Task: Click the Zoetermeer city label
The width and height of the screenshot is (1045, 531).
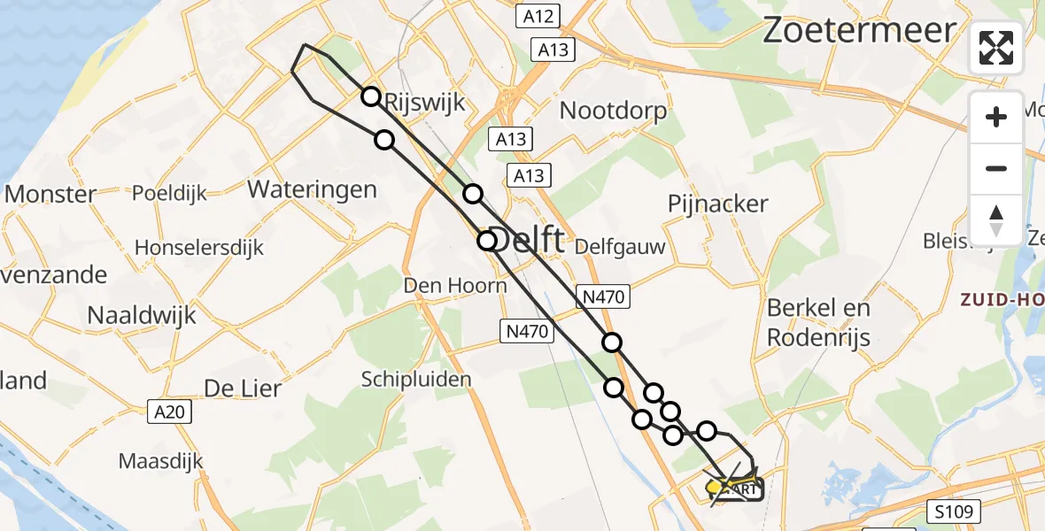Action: (859, 31)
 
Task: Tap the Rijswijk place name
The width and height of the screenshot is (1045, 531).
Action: (425, 104)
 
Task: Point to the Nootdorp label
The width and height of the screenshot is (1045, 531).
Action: (614, 112)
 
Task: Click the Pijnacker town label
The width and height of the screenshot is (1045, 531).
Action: (718, 204)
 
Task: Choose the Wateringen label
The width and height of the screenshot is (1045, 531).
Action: (312, 189)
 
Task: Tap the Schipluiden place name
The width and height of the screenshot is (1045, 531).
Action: (416, 379)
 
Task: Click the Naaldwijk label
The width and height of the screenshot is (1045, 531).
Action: (142, 314)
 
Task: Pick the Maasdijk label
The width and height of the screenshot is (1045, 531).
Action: (160, 461)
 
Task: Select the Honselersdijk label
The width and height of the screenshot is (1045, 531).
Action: (199, 248)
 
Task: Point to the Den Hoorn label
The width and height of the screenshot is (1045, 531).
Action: (455, 286)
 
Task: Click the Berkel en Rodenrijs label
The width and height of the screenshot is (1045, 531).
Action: (818, 322)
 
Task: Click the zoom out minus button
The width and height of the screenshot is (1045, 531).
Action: (996, 168)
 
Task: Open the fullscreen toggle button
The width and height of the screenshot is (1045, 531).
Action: (996, 48)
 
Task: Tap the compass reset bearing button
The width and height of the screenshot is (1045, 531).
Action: (996, 219)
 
